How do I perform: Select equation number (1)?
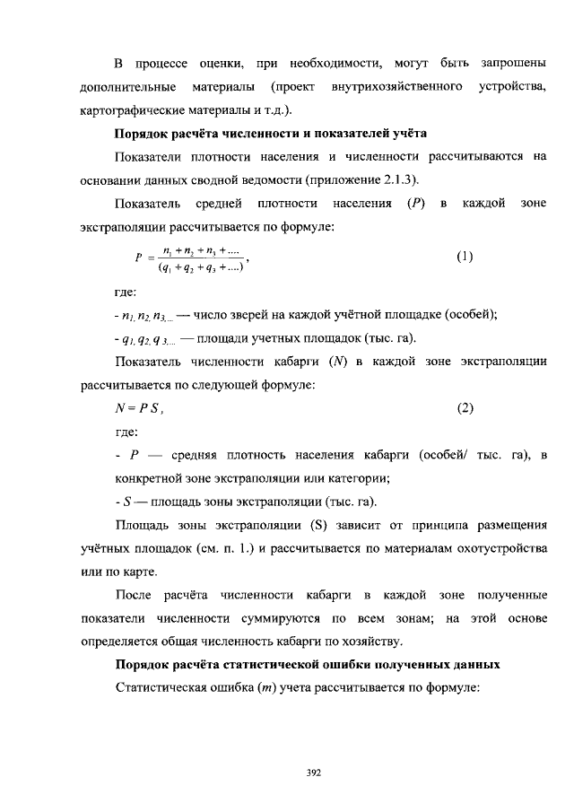(465, 257)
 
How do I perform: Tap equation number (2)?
(465, 409)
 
